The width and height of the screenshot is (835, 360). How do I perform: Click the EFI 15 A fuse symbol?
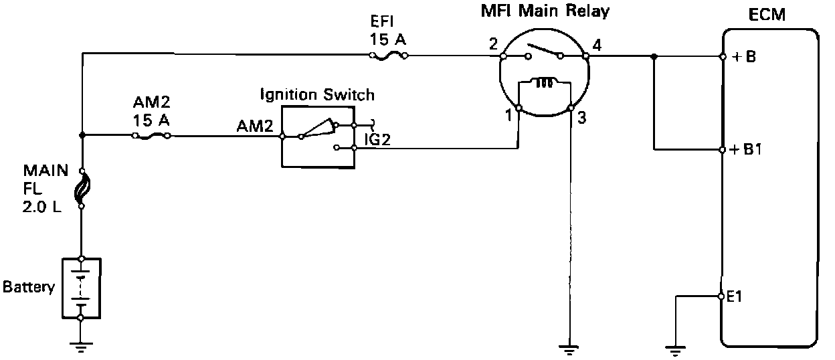tap(389, 56)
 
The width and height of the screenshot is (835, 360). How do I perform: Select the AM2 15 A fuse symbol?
tap(151, 137)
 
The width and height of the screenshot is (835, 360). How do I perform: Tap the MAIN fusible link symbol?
tap(82, 189)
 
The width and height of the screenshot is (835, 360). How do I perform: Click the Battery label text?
tap(28, 287)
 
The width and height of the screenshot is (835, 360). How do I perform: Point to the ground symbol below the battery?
tap(80, 347)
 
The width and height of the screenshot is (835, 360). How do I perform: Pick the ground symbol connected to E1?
tap(676, 351)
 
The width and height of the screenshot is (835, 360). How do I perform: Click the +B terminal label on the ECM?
tap(744, 57)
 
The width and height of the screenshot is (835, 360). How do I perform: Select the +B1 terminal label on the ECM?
tap(745, 149)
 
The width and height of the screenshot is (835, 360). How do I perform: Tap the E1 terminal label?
tap(735, 296)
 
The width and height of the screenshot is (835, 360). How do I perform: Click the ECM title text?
tap(767, 15)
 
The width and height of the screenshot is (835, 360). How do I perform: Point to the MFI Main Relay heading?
tap(545, 11)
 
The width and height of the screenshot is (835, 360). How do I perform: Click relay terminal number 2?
tap(493, 44)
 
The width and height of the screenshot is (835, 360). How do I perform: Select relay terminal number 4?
tap(597, 46)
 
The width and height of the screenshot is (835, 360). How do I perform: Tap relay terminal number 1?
tap(508, 116)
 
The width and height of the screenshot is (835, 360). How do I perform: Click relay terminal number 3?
tap(582, 118)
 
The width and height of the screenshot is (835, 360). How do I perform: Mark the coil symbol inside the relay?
tap(544, 82)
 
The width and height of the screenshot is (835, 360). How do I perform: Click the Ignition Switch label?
tap(317, 94)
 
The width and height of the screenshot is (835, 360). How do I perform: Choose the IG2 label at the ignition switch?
tap(377, 139)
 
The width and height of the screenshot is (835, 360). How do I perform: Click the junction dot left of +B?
tap(654, 57)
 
